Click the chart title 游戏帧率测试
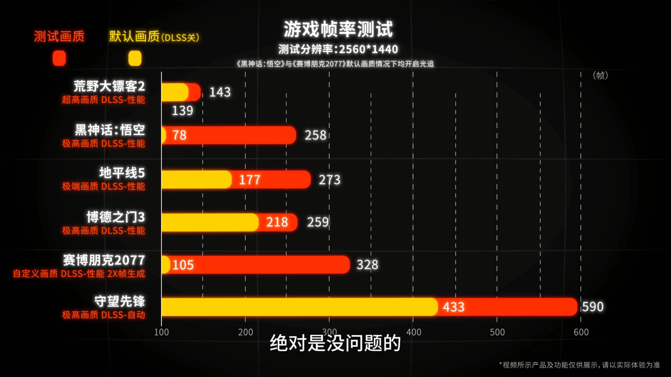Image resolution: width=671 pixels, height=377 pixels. click(338, 29)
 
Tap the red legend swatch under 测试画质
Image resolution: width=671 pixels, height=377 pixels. click(59, 58)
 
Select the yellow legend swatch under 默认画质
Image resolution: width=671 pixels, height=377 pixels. click(135, 58)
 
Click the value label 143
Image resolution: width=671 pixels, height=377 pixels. click(220, 92)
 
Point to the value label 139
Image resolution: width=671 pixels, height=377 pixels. click(182, 111)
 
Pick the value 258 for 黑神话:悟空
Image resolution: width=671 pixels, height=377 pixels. click(315, 135)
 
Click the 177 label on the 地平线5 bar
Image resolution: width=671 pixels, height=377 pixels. click(250, 180)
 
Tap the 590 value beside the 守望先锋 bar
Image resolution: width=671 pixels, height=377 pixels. click(593, 307)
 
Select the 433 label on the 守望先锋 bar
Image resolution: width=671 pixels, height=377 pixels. click(453, 307)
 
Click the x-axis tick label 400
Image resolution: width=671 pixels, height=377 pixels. click(414, 332)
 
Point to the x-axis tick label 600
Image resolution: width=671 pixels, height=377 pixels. click(581, 332)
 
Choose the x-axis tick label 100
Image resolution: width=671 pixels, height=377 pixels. click(161, 332)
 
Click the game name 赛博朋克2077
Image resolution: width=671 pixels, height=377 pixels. click(104, 260)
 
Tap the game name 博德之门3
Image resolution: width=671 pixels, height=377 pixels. click(116, 217)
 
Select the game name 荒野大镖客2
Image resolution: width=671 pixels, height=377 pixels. click(109, 86)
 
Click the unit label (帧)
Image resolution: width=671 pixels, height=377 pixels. click(600, 75)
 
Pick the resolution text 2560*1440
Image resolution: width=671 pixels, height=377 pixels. click(368, 49)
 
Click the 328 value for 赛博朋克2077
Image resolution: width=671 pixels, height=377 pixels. click(367, 265)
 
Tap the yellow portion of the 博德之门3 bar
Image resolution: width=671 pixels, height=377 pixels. click(210, 222)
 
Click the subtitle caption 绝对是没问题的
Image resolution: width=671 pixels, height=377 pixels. click(335, 343)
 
